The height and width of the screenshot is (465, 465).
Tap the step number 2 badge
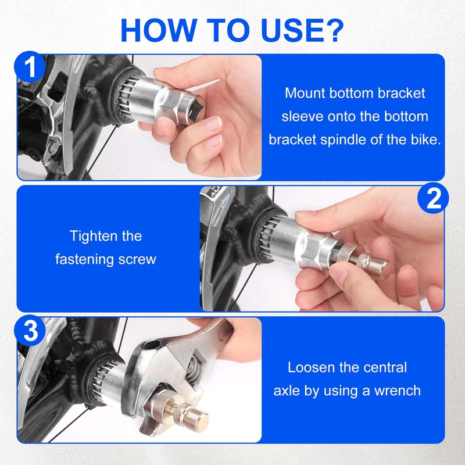tap(433, 199)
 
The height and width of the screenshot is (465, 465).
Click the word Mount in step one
tap(303, 93)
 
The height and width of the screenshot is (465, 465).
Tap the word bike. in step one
tap(423, 140)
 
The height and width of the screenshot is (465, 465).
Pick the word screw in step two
tap(138, 259)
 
